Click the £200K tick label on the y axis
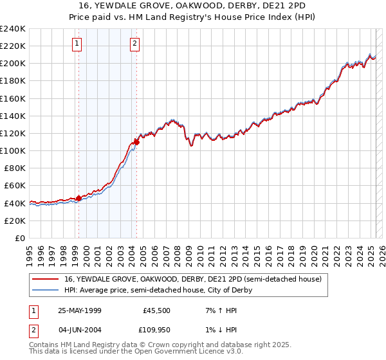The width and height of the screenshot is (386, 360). click(x=13, y=64)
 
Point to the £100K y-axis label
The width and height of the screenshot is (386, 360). click(x=13, y=150)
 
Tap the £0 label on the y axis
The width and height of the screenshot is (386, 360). click(x=19, y=238)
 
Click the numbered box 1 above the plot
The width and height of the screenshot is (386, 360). click(x=77, y=44)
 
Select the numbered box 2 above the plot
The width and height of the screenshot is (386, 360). click(x=134, y=44)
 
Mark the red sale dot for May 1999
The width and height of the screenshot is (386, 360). click(x=79, y=198)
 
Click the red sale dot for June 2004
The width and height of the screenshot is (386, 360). click(x=136, y=142)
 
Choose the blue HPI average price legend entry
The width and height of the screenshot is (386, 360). click(x=158, y=290)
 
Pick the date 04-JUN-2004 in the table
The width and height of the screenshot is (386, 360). click(x=80, y=330)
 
